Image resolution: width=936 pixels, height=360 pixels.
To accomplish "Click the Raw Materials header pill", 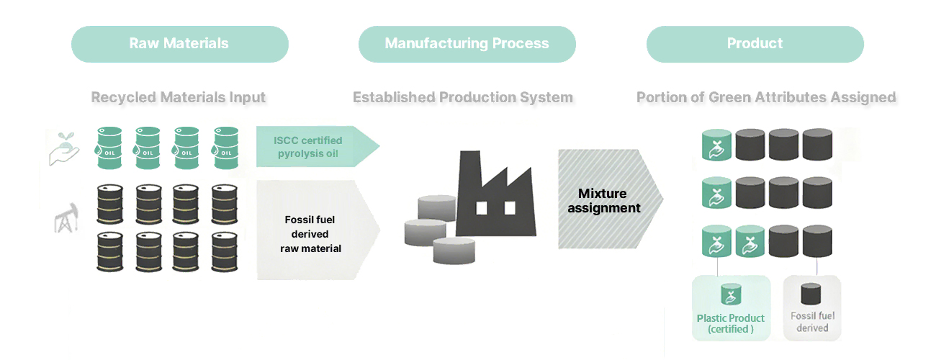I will pos(179,44).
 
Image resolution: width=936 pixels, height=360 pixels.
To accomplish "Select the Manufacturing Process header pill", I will pos(467,44).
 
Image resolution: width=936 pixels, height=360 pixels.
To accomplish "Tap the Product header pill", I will pos(755,44).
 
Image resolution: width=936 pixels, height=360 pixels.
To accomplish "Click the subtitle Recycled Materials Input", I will pos(179,97).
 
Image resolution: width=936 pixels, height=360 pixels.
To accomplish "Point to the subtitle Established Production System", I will pos(463,97).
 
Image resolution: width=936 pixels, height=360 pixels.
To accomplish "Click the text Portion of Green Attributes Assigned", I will pos(766,97).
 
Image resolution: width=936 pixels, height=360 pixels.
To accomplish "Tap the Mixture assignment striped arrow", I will pos(605,200).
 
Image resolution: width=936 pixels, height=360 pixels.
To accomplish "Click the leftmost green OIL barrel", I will pos(109,148).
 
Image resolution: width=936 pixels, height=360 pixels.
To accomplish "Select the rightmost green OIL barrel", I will pos(225,148).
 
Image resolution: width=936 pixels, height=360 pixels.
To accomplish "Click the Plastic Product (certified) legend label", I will pos(731,323).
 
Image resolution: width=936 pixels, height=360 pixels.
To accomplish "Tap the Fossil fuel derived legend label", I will pos(812,322).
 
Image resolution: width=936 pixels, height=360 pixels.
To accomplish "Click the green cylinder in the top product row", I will pos(717,145).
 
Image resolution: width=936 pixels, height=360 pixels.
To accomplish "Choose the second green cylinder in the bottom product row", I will pos(750,242).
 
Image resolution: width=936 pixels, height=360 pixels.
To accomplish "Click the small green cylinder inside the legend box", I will pos(732,294).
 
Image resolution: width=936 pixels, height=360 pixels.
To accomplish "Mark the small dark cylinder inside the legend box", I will pos(811,294).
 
